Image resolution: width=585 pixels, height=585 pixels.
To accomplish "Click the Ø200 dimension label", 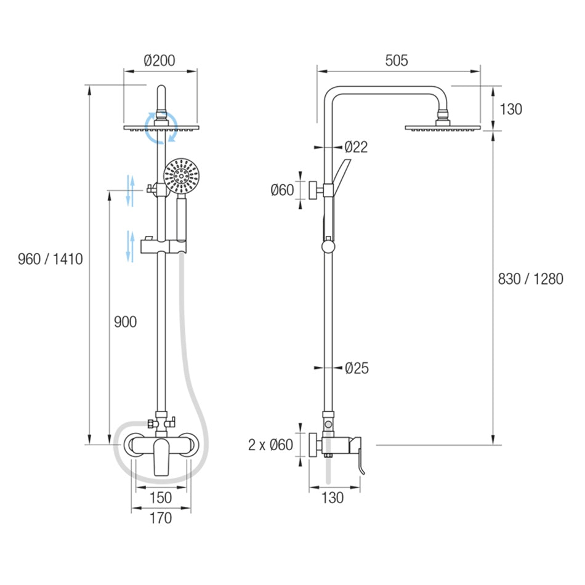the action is pyautogui.click(x=159, y=60).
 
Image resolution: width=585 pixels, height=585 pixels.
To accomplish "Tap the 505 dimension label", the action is pyautogui.click(x=397, y=60).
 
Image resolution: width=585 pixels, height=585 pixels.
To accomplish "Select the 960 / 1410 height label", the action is pyautogui.click(x=50, y=259).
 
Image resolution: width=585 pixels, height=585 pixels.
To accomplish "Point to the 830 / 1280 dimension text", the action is pyautogui.click(x=531, y=279).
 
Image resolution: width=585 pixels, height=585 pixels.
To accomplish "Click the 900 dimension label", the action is pyautogui.click(x=126, y=321).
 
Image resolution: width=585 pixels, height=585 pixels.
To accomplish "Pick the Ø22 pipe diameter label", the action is pyautogui.click(x=357, y=147).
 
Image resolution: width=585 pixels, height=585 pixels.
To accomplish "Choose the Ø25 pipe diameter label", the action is pyautogui.click(x=357, y=368).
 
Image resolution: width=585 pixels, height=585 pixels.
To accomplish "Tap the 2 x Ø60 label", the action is pyautogui.click(x=270, y=445).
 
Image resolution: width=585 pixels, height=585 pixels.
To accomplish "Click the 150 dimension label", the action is pyautogui.click(x=161, y=498).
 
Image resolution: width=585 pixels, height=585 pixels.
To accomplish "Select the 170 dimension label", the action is pyautogui.click(x=161, y=518).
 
